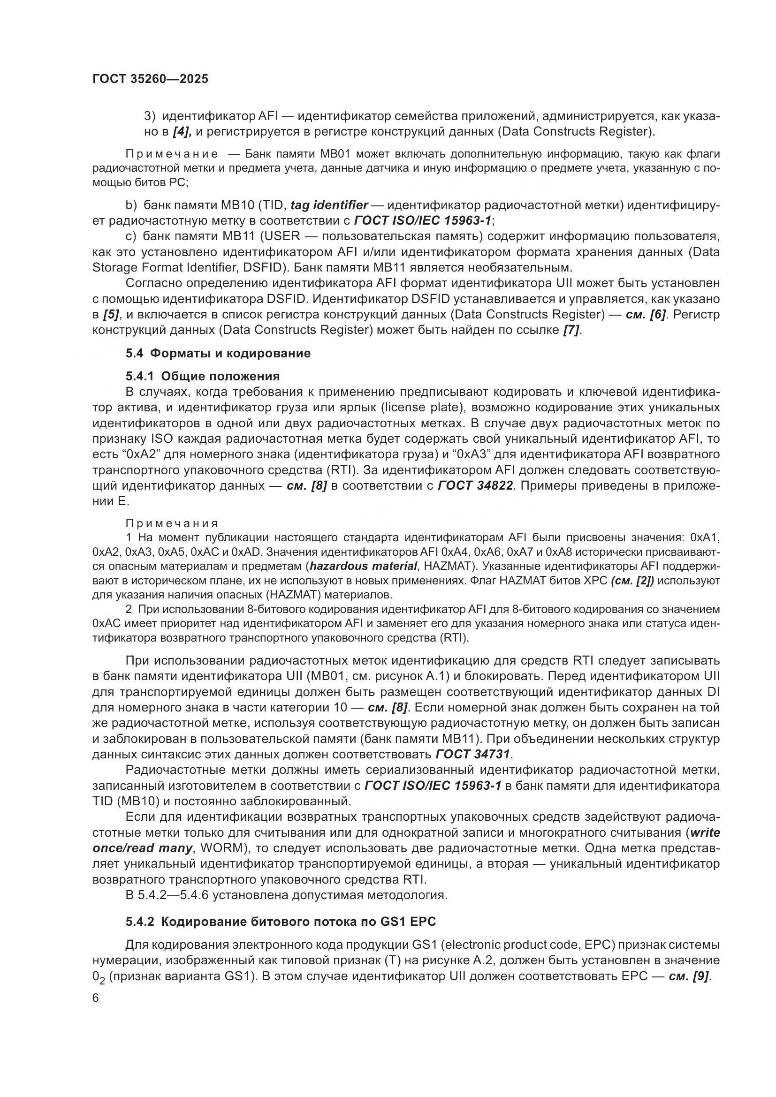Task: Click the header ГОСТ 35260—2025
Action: [x=150, y=79]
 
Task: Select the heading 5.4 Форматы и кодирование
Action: [x=218, y=353]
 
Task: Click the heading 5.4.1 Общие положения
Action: [x=203, y=376]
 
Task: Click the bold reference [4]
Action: [x=182, y=131]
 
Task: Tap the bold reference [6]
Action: [x=657, y=314]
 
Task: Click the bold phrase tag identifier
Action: [x=329, y=205]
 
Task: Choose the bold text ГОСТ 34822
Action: [x=476, y=486]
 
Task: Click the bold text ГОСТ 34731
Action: [x=473, y=755]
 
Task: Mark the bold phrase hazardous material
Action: [x=363, y=566]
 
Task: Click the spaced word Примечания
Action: [x=172, y=524]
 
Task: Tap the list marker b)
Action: [x=131, y=205]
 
